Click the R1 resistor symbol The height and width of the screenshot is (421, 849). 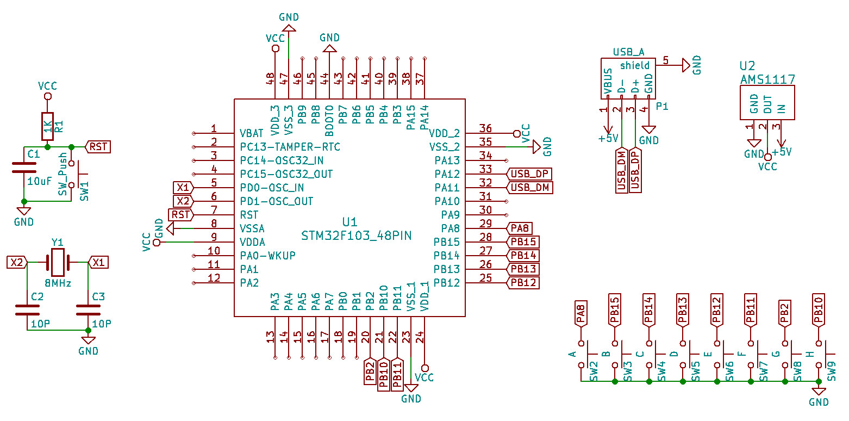tap(47, 127)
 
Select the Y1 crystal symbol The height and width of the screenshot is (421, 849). tap(58, 263)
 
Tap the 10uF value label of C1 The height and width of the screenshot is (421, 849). tap(39, 181)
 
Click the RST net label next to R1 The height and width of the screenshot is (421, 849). tap(98, 147)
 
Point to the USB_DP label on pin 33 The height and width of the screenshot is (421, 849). tap(529, 174)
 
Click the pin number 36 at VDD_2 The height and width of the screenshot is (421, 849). tap(485, 128)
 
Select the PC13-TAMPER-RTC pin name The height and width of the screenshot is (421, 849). tap(290, 147)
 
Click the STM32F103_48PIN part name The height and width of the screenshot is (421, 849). tap(356, 236)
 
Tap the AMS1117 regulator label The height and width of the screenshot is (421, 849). tap(767, 79)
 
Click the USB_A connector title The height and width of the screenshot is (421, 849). tap(628, 52)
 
